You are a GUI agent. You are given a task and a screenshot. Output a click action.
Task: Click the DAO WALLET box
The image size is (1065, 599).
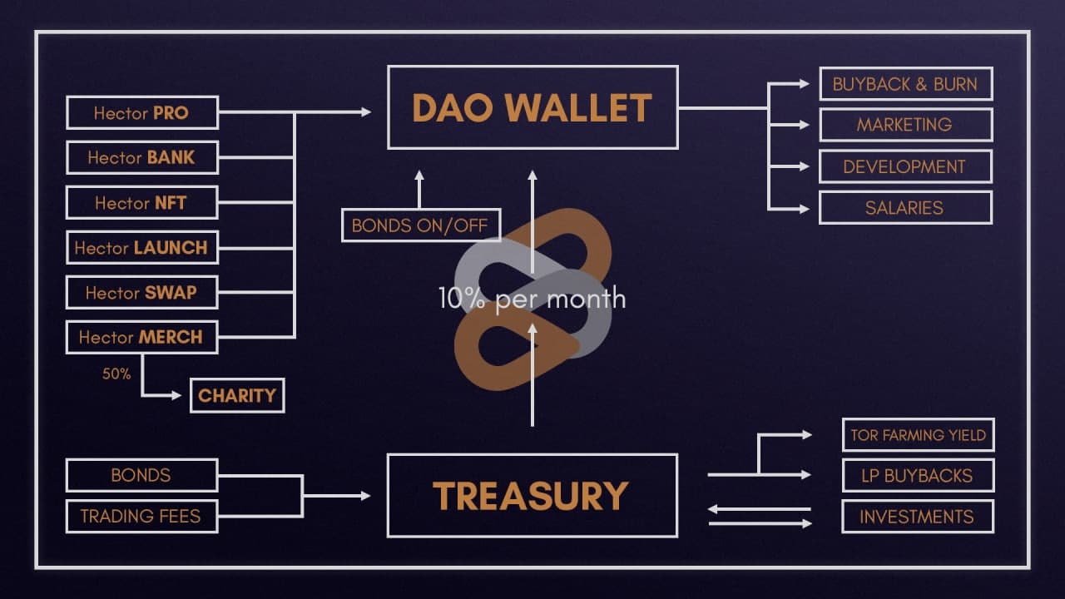pyautogui.click(x=532, y=107)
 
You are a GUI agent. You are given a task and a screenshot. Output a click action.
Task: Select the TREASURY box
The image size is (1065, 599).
pyautogui.click(x=532, y=496)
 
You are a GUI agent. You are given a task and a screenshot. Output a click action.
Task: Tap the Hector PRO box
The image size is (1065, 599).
pyautogui.click(x=141, y=112)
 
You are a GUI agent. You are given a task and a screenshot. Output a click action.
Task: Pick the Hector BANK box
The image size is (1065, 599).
pyautogui.click(x=141, y=157)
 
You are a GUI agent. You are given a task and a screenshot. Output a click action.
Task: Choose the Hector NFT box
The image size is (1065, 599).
pyautogui.click(x=141, y=202)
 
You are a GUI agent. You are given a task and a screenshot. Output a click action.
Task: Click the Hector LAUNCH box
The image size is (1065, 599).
pyautogui.click(x=141, y=247)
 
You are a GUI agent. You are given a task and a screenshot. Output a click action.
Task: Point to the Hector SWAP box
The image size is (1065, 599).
pyautogui.click(x=141, y=292)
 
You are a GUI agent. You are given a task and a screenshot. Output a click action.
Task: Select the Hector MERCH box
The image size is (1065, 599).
pyautogui.click(x=141, y=337)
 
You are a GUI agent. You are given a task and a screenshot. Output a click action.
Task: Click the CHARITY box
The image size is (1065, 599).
pyautogui.click(x=237, y=395)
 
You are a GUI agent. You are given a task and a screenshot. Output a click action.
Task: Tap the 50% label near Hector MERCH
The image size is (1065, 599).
pyautogui.click(x=116, y=374)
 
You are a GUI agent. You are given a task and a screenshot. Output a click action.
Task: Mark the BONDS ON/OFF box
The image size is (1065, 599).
pyautogui.click(x=421, y=225)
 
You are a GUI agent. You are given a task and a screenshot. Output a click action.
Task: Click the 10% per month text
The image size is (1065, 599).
pyautogui.click(x=532, y=299)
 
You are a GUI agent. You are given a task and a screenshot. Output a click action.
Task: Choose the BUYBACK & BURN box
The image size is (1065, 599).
pyautogui.click(x=905, y=84)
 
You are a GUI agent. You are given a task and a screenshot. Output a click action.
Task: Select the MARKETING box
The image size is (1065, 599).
pyautogui.click(x=905, y=125)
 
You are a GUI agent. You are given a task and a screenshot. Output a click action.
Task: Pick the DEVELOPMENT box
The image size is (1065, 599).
pyautogui.click(x=905, y=166)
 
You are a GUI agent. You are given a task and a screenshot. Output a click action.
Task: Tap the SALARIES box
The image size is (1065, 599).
pyautogui.click(x=905, y=207)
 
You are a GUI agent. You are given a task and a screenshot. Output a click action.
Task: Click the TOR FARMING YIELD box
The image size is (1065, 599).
pyautogui.click(x=918, y=434)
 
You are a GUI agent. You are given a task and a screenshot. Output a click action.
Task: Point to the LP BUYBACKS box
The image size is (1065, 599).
pyautogui.click(x=918, y=475)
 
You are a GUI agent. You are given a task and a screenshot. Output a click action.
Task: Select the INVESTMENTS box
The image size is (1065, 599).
pyautogui.click(x=918, y=517)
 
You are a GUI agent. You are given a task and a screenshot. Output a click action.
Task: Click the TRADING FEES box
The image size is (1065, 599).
pyautogui.click(x=141, y=516)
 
